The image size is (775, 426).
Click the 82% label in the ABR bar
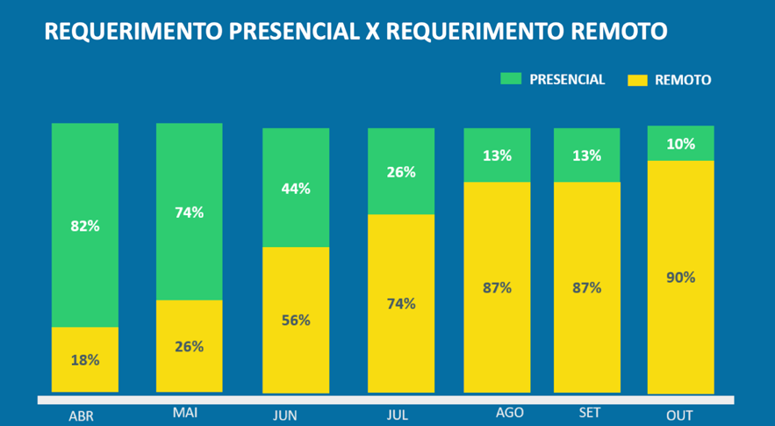coord(85,226)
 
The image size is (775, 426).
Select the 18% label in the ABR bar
coord(85,360)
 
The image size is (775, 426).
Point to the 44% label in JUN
coord(296,189)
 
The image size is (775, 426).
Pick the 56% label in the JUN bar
coord(296,320)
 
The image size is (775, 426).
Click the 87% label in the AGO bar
coord(497,287)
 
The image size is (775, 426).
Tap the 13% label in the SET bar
coord(586,156)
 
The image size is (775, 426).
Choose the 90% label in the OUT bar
coord(680,278)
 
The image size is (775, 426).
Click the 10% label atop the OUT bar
coord(680,144)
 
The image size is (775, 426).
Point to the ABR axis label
coord(81,416)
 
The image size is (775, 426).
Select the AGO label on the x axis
coord(509,412)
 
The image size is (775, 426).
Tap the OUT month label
coord(679,415)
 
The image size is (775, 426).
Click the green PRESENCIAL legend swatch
coord(510,79)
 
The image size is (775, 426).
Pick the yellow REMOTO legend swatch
coord(637,80)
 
